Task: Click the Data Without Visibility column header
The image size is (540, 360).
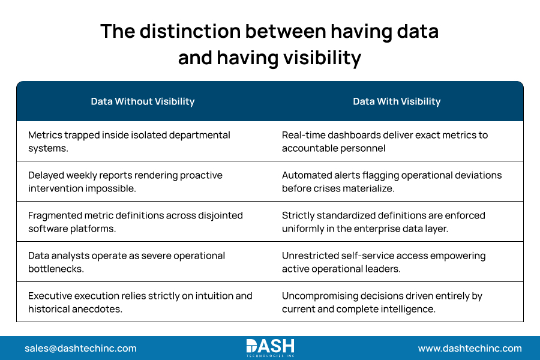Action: [x=143, y=101]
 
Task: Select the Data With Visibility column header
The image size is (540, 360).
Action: [x=397, y=101]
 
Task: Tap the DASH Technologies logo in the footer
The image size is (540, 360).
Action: [x=270, y=348]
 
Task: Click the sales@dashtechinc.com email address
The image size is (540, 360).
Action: [x=80, y=348]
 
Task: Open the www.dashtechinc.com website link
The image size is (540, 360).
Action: [x=470, y=348]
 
